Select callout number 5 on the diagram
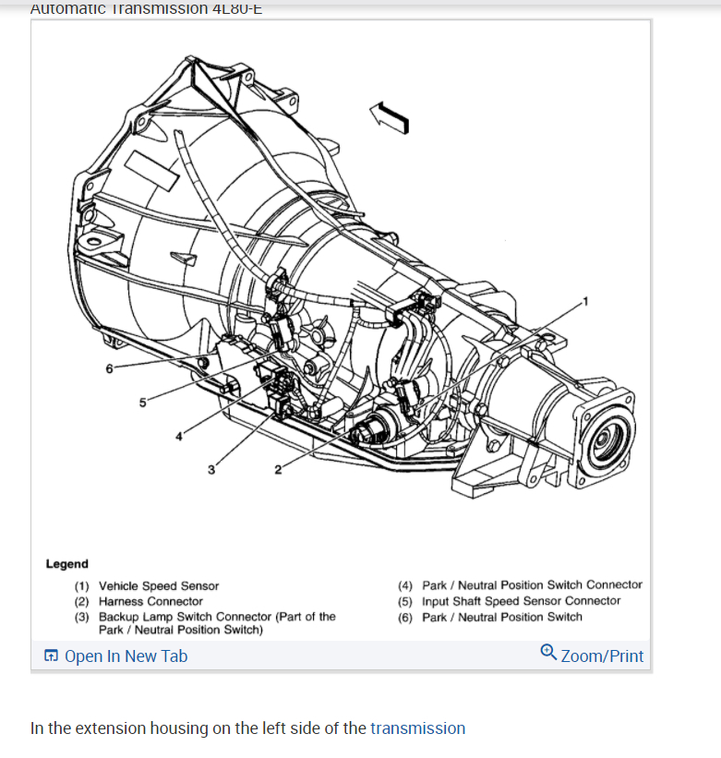[142, 402]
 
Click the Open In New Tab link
[126, 656]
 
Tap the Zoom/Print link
[602, 656]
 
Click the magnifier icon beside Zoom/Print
[548, 654]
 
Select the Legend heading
[67, 563]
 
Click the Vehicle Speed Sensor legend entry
[159, 585]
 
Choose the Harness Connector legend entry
[150, 601]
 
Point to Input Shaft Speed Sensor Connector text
[522, 601]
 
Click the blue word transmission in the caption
[417, 728]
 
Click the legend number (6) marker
[406, 617]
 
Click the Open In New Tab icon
[51, 656]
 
